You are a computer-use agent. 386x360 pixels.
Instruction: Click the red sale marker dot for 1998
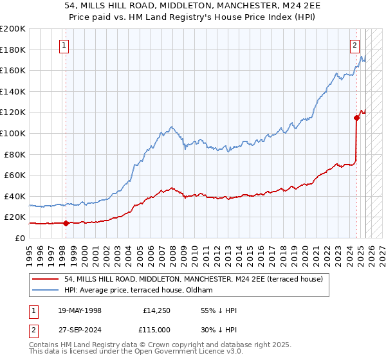tap(66, 223)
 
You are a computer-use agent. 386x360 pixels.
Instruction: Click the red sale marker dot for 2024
tap(356, 117)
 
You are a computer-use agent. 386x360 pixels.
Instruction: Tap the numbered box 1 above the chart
tap(65, 45)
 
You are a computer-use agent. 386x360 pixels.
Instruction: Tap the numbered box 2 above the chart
tap(354, 45)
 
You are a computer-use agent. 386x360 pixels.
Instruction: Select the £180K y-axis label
tap(12, 50)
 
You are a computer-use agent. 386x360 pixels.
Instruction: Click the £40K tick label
tap(14, 196)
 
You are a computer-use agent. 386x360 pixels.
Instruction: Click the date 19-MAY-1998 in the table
tap(80, 310)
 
